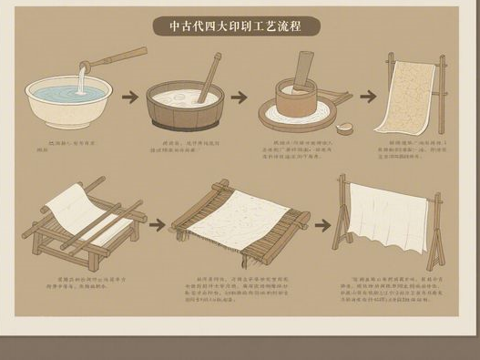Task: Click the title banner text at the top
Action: pyautogui.click(x=240, y=26)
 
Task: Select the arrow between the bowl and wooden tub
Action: pyautogui.click(x=131, y=95)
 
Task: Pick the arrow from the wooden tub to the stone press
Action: pyautogui.click(x=239, y=96)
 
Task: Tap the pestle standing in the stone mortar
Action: pyautogui.click(x=303, y=72)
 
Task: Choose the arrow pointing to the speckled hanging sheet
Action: pyautogui.click(x=367, y=95)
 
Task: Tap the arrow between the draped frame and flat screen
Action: pyautogui.click(x=156, y=221)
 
